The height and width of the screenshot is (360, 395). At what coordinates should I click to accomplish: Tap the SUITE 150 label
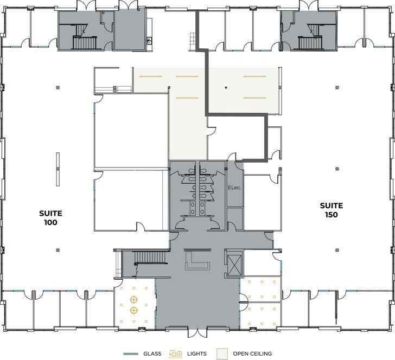pyautogui.click(x=331, y=210)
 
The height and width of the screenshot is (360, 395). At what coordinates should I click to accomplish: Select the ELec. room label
pyautogui.click(x=234, y=188)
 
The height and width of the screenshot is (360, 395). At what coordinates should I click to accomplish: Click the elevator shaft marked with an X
pyautogui.click(x=234, y=264)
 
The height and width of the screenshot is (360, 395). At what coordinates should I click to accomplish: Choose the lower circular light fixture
pyautogui.click(x=133, y=311)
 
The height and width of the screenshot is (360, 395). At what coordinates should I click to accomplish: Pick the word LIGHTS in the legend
pyautogui.click(x=196, y=353)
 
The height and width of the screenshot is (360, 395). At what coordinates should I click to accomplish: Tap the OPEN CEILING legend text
pyautogui.click(x=252, y=353)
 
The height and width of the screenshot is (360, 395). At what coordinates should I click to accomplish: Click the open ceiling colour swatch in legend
pyautogui.click(x=222, y=353)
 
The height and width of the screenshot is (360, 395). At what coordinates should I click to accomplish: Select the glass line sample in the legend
pyautogui.click(x=132, y=353)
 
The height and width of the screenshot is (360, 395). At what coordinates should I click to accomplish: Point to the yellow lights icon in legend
pyautogui.click(x=176, y=353)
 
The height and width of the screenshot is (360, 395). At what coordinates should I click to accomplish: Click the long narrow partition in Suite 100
pyautogui.click(x=57, y=170)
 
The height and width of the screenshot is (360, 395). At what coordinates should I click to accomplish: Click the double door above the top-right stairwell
pyautogui.click(x=308, y=5)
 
